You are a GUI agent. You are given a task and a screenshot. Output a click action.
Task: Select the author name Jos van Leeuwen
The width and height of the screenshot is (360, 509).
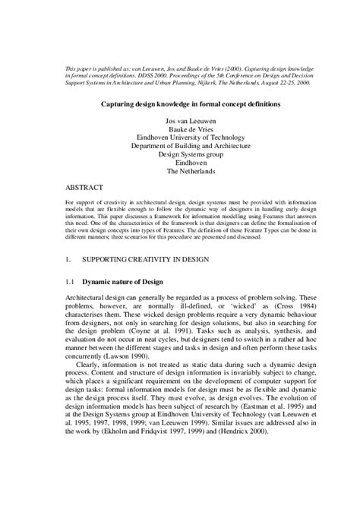179,122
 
